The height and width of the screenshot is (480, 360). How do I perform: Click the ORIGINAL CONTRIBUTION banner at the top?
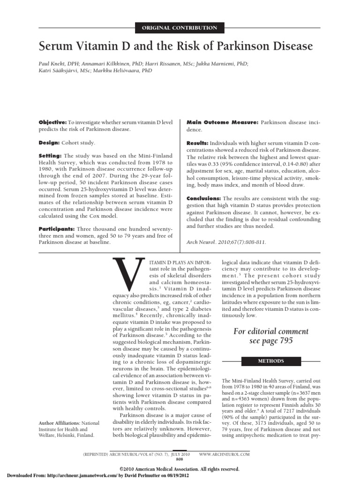180,28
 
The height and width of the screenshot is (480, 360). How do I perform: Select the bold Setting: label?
49,155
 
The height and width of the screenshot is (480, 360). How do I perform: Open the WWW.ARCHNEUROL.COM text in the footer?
224,455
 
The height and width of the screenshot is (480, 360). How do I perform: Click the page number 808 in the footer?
179,460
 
